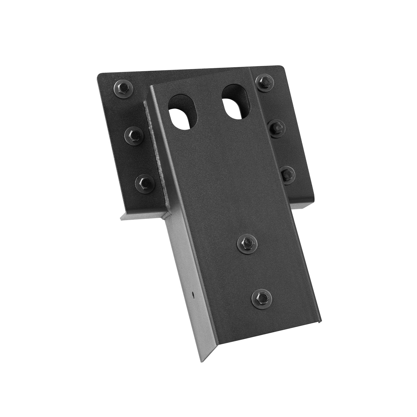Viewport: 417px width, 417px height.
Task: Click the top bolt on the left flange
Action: (123, 90)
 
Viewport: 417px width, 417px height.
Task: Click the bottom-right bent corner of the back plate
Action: (313, 206)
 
